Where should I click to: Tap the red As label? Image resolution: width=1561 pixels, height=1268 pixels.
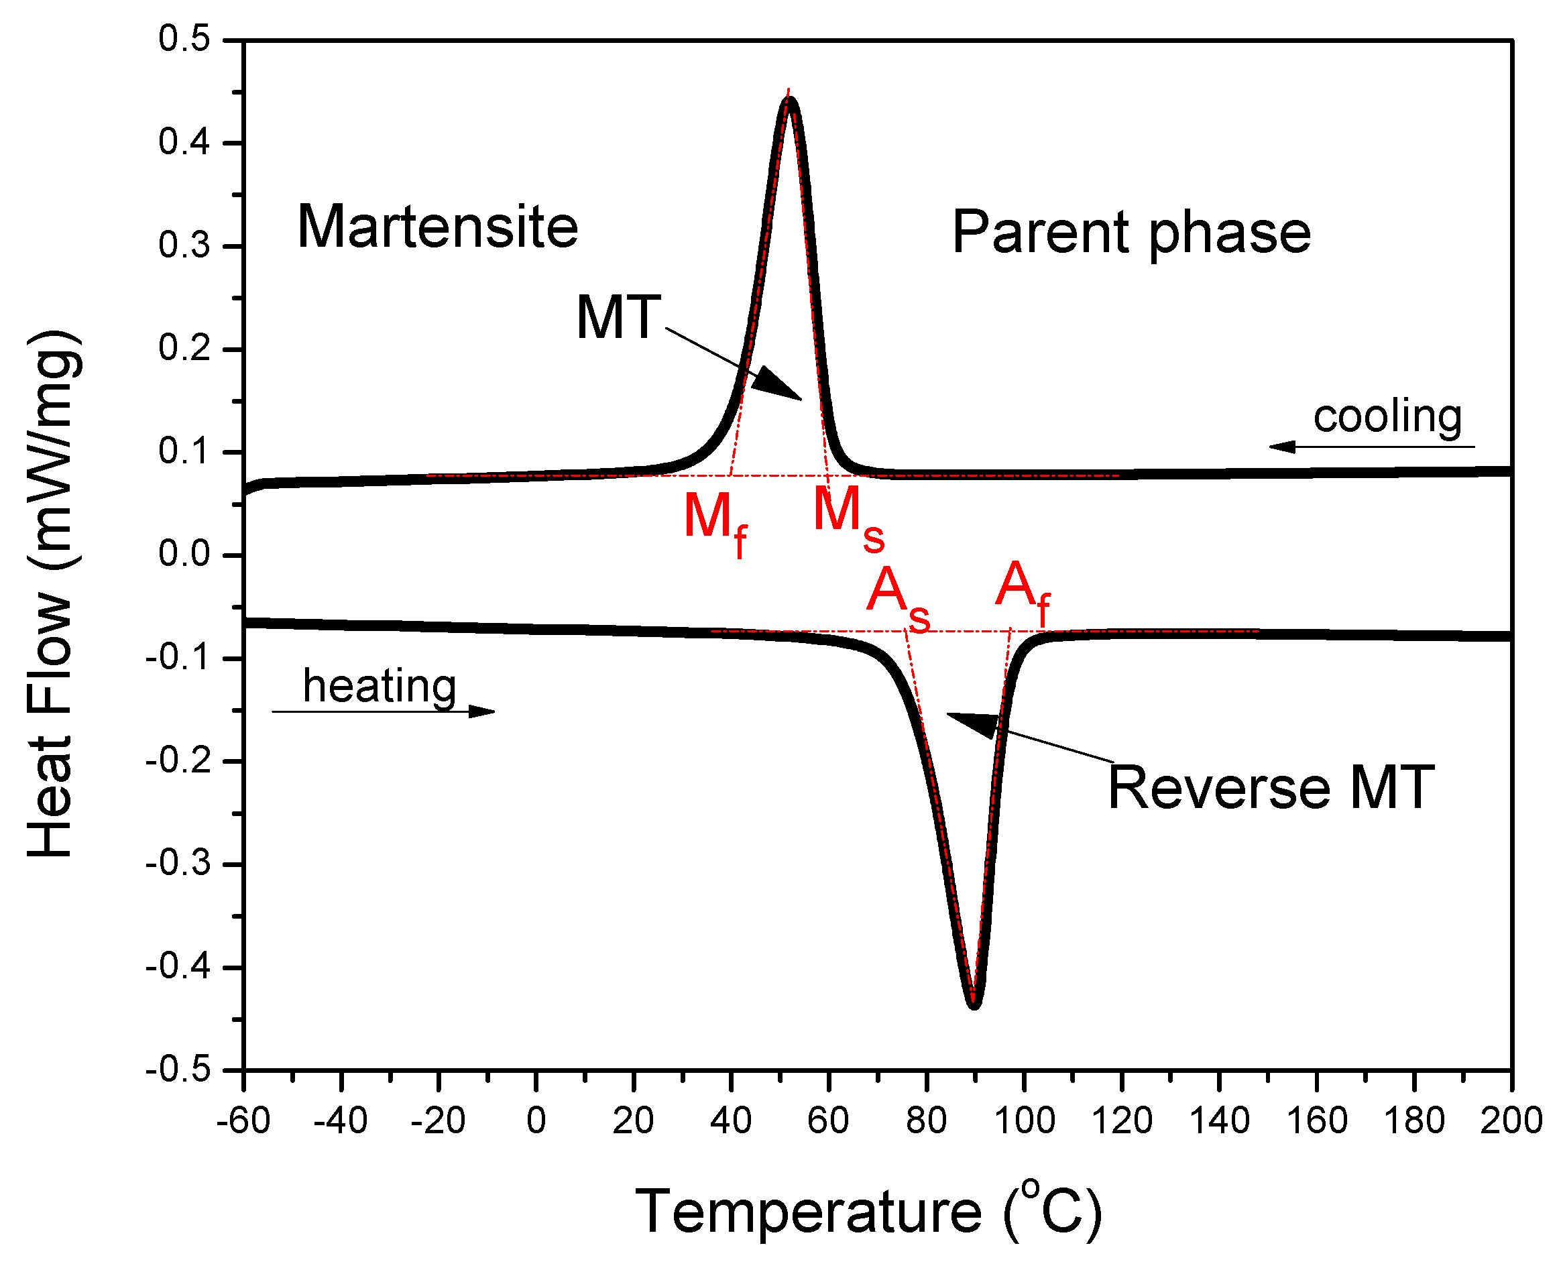[898, 595]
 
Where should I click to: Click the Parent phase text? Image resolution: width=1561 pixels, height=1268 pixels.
[1131, 233]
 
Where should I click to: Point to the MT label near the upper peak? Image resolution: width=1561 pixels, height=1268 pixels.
[618, 318]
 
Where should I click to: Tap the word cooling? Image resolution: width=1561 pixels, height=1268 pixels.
[1387, 416]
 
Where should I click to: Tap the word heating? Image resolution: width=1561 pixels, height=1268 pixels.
[380, 686]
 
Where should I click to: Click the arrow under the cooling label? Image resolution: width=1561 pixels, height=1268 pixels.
[1285, 447]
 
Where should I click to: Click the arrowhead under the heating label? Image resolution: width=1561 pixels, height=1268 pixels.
[482, 711]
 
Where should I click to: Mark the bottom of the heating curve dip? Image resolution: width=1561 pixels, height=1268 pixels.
[974, 1006]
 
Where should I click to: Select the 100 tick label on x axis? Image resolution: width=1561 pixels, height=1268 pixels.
[1024, 1121]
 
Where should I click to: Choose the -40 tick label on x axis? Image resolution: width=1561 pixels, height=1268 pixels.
[340, 1121]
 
